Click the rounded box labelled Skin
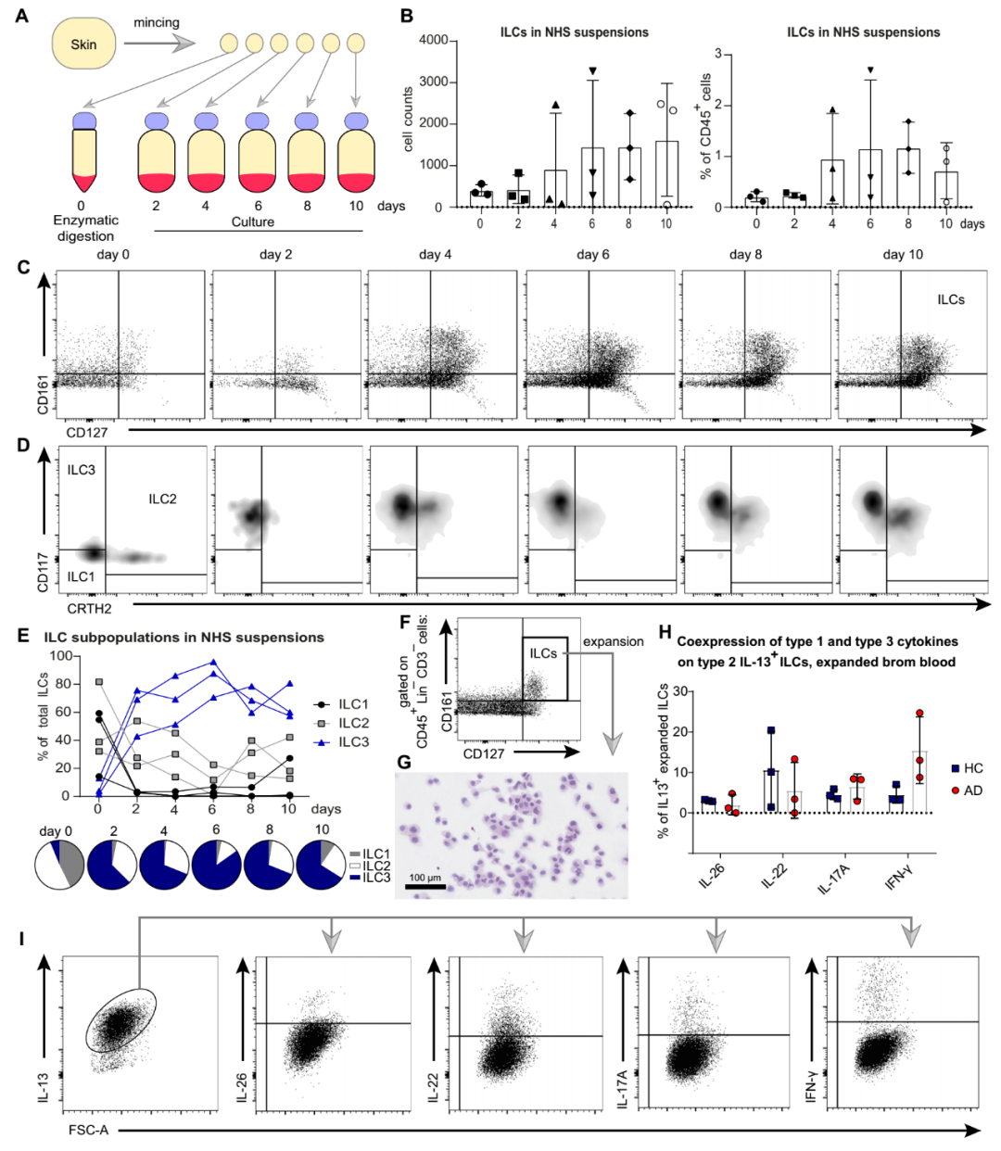click(83, 44)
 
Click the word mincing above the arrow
click(156, 22)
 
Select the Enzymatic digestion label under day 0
click(85, 228)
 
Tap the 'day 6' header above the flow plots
click(593, 254)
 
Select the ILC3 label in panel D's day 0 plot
click(81, 470)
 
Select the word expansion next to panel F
click(613, 641)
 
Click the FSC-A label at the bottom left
click(88, 1131)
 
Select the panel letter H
click(664, 631)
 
